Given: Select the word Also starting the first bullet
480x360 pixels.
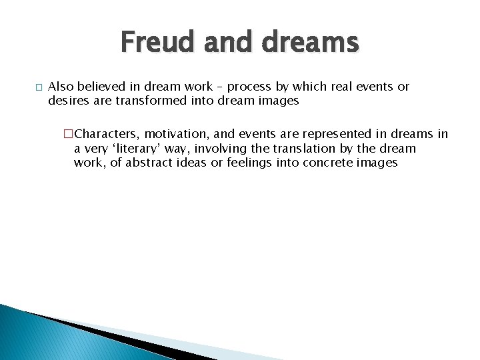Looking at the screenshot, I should [61, 87].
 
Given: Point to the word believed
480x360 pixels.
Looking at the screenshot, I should [105, 87].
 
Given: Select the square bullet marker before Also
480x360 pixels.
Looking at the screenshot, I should [39, 87].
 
